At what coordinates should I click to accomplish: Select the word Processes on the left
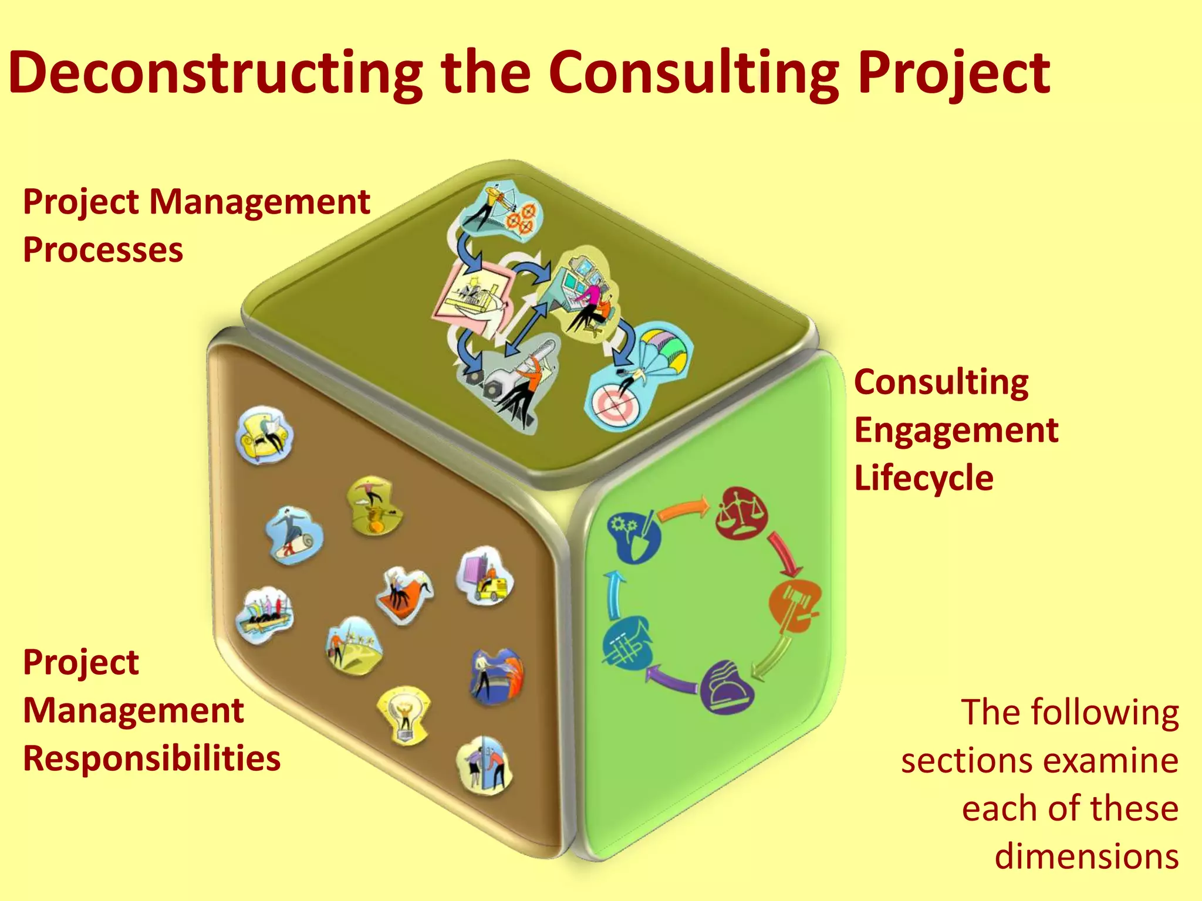tap(103, 250)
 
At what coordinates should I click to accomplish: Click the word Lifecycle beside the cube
tap(924, 477)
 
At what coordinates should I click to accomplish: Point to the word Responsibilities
tap(152, 758)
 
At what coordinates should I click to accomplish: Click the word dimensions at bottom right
tap(1086, 856)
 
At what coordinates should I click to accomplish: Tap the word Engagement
tap(956, 430)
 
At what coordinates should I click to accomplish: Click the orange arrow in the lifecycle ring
tap(684, 509)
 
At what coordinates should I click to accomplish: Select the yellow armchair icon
tap(265, 435)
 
